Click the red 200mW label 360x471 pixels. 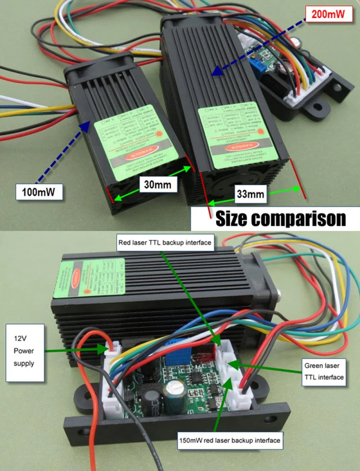coord(328,14)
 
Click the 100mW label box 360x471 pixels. coord(39,192)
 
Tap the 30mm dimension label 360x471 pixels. coord(158,185)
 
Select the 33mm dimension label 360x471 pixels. coord(250,194)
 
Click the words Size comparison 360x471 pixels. coord(280,219)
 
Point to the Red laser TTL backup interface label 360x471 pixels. coord(165,242)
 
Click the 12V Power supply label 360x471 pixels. coord(24,351)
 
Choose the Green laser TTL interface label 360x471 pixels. coord(324,372)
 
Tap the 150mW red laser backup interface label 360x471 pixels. coord(230,440)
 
